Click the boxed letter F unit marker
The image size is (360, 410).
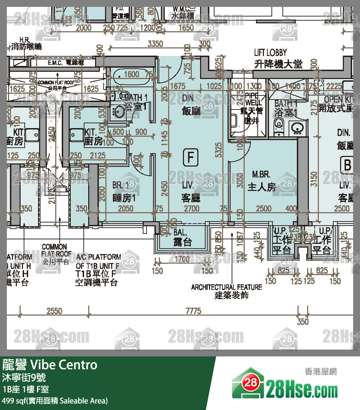pos(191,157)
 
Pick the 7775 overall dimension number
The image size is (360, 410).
pos(193,311)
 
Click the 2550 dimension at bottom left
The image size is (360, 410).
pos(54,311)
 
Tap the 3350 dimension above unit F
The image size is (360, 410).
pos(155,44)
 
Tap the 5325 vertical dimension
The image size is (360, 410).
pos(219,150)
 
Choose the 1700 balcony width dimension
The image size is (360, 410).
pos(182,259)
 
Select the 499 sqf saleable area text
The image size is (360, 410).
pos(55,401)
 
